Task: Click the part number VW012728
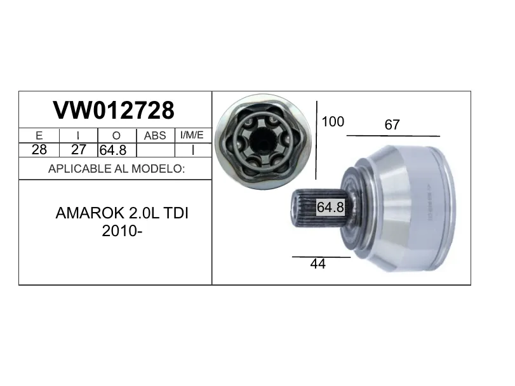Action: (114, 110)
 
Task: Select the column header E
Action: (39, 135)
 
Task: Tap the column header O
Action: (116, 135)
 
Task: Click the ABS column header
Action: (155, 135)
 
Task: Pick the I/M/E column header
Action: (192, 135)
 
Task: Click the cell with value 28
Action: (39, 150)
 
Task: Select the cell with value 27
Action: (79, 150)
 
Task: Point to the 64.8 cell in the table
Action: (113, 150)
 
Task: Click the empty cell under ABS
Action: (156, 150)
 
